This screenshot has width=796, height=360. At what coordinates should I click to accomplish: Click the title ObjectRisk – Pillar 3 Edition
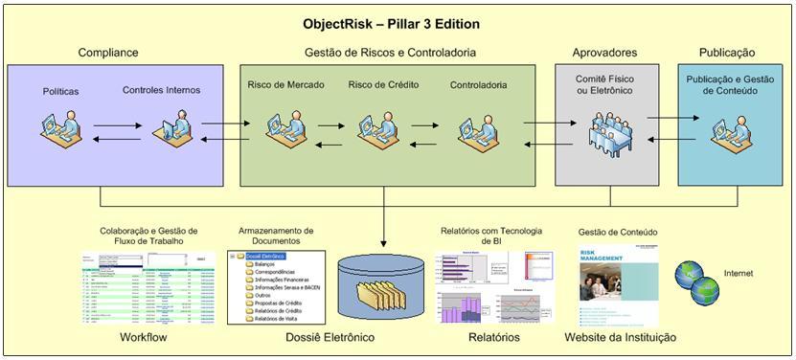pos(391,24)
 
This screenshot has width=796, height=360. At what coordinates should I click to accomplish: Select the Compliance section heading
pos(107,53)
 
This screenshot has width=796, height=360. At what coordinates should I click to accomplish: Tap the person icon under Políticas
pos(59,127)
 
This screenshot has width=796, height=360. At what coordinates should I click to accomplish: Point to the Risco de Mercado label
pos(285,85)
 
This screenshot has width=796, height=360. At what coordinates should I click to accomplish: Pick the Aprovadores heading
pos(604,53)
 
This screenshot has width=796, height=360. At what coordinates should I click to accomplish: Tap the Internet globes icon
pos(696,280)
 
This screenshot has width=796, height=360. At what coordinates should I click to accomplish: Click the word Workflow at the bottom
pos(145,338)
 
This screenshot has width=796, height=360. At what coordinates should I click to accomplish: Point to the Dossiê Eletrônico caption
pos(330,338)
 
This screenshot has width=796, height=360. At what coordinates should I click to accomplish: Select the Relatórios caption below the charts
pos(493,338)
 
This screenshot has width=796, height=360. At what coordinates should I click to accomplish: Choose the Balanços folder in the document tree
pos(263,265)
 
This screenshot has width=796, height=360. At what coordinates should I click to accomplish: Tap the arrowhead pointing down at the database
pos(385,242)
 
